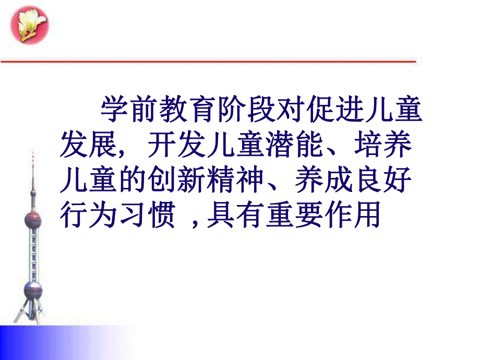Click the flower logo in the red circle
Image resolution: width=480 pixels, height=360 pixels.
coord(29,26)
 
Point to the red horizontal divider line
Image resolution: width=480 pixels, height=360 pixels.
coord(209,62)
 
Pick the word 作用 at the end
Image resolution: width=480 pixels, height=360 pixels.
coord(355,214)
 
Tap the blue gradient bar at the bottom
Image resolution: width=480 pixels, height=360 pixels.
coord(63,342)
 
